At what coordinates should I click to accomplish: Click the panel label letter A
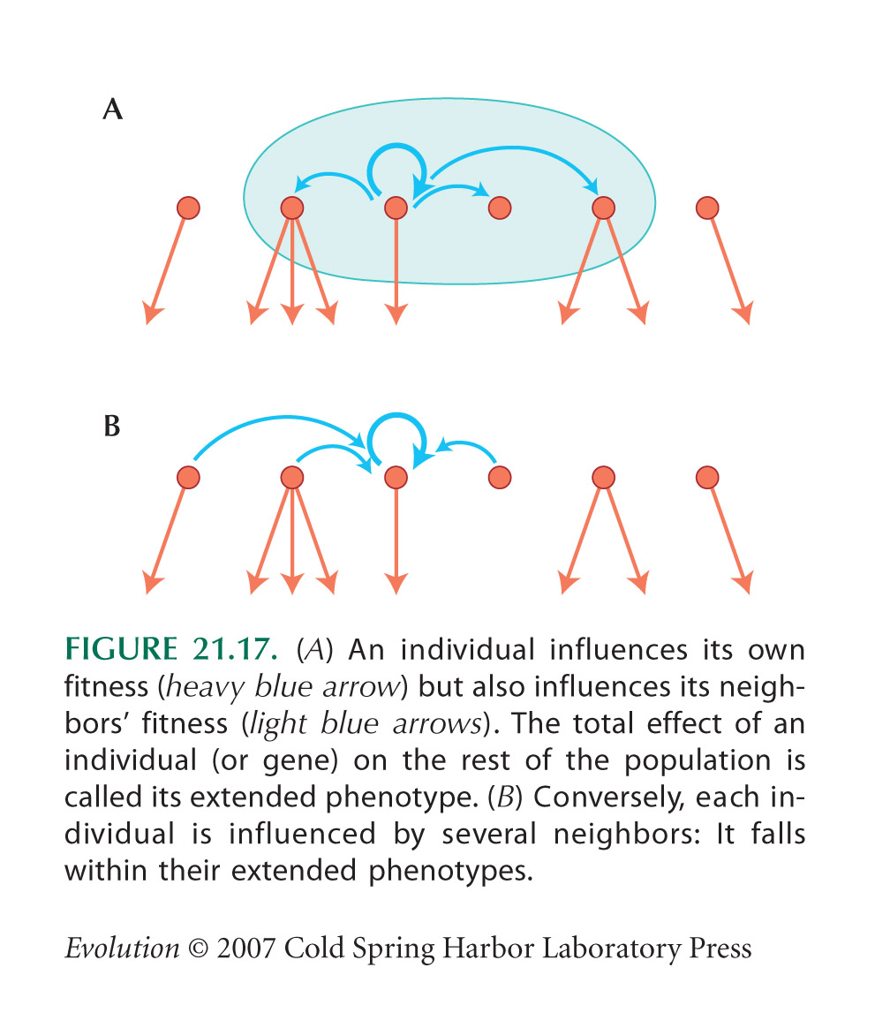113,110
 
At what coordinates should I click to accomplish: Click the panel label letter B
112,427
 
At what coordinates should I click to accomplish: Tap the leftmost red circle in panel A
189,208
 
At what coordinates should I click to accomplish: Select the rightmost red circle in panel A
707,208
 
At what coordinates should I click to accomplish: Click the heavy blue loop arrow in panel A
396,147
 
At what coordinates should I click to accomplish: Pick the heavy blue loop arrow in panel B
396,416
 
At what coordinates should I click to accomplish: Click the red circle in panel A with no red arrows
500,208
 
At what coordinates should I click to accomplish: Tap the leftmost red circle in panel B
189,477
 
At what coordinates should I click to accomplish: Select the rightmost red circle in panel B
707,477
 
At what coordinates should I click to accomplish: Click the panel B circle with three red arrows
292,477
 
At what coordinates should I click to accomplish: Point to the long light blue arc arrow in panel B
282,418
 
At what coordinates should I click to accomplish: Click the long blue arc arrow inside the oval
517,149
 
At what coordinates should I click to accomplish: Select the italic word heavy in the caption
204,686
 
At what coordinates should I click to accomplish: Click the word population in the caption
698,761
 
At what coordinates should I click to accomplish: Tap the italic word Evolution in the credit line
122,948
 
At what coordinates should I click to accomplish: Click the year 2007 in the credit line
245,948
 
